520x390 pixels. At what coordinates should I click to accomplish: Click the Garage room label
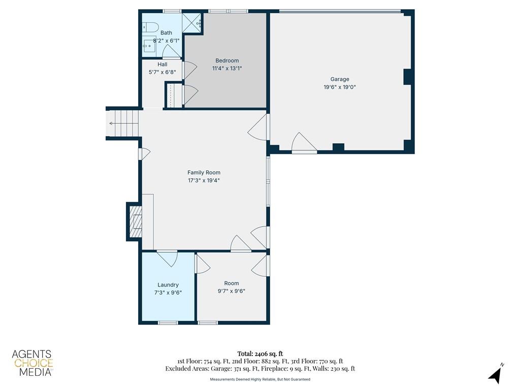(x=340, y=79)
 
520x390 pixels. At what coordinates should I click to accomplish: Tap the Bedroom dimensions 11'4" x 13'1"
(x=227, y=69)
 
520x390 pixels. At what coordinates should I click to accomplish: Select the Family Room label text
(x=204, y=173)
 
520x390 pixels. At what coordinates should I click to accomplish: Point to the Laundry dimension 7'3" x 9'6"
(x=168, y=292)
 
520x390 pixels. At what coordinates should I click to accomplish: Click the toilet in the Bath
(x=151, y=27)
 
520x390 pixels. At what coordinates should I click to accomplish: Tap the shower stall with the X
(x=192, y=23)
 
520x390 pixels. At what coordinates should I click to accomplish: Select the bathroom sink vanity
(x=150, y=46)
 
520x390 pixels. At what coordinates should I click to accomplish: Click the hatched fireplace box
(x=135, y=221)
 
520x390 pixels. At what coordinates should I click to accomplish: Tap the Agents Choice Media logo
(x=32, y=363)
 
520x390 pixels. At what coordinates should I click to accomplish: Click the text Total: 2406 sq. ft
(x=260, y=354)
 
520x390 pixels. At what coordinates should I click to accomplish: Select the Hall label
(x=162, y=64)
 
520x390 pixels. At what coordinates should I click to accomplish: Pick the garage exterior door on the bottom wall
(x=304, y=143)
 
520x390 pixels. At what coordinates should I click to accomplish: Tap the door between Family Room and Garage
(x=258, y=127)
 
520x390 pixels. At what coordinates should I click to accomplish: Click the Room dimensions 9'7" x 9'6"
(x=232, y=291)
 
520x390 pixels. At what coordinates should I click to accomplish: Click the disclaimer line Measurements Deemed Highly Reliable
(x=260, y=379)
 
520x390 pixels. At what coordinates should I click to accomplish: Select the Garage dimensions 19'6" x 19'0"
(x=340, y=87)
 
